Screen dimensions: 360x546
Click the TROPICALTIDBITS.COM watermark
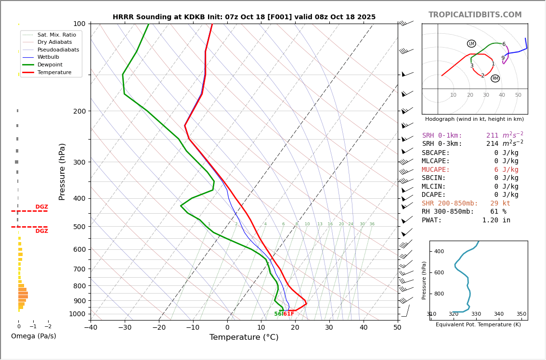[475, 15]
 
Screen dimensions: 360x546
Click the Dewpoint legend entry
[50, 64]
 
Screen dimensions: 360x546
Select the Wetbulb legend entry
[50, 57]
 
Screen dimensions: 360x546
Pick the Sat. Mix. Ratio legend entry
[56, 35]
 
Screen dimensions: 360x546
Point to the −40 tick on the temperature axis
[91, 328]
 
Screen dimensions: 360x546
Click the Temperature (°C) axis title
[244, 337]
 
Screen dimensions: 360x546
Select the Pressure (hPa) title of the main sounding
[62, 171]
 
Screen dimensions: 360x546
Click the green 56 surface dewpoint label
[278, 314]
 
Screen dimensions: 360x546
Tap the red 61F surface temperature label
[288, 314]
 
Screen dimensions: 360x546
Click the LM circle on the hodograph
[471, 44]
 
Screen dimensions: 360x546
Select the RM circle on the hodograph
[495, 78]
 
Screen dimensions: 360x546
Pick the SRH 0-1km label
[442, 136]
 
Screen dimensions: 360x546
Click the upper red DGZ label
[41, 207]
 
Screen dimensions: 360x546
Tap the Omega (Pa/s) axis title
[34, 336]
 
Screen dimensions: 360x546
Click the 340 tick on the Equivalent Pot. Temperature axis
[499, 314]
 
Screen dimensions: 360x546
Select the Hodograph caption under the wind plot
[474, 119]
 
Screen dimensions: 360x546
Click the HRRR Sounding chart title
[244, 17]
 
